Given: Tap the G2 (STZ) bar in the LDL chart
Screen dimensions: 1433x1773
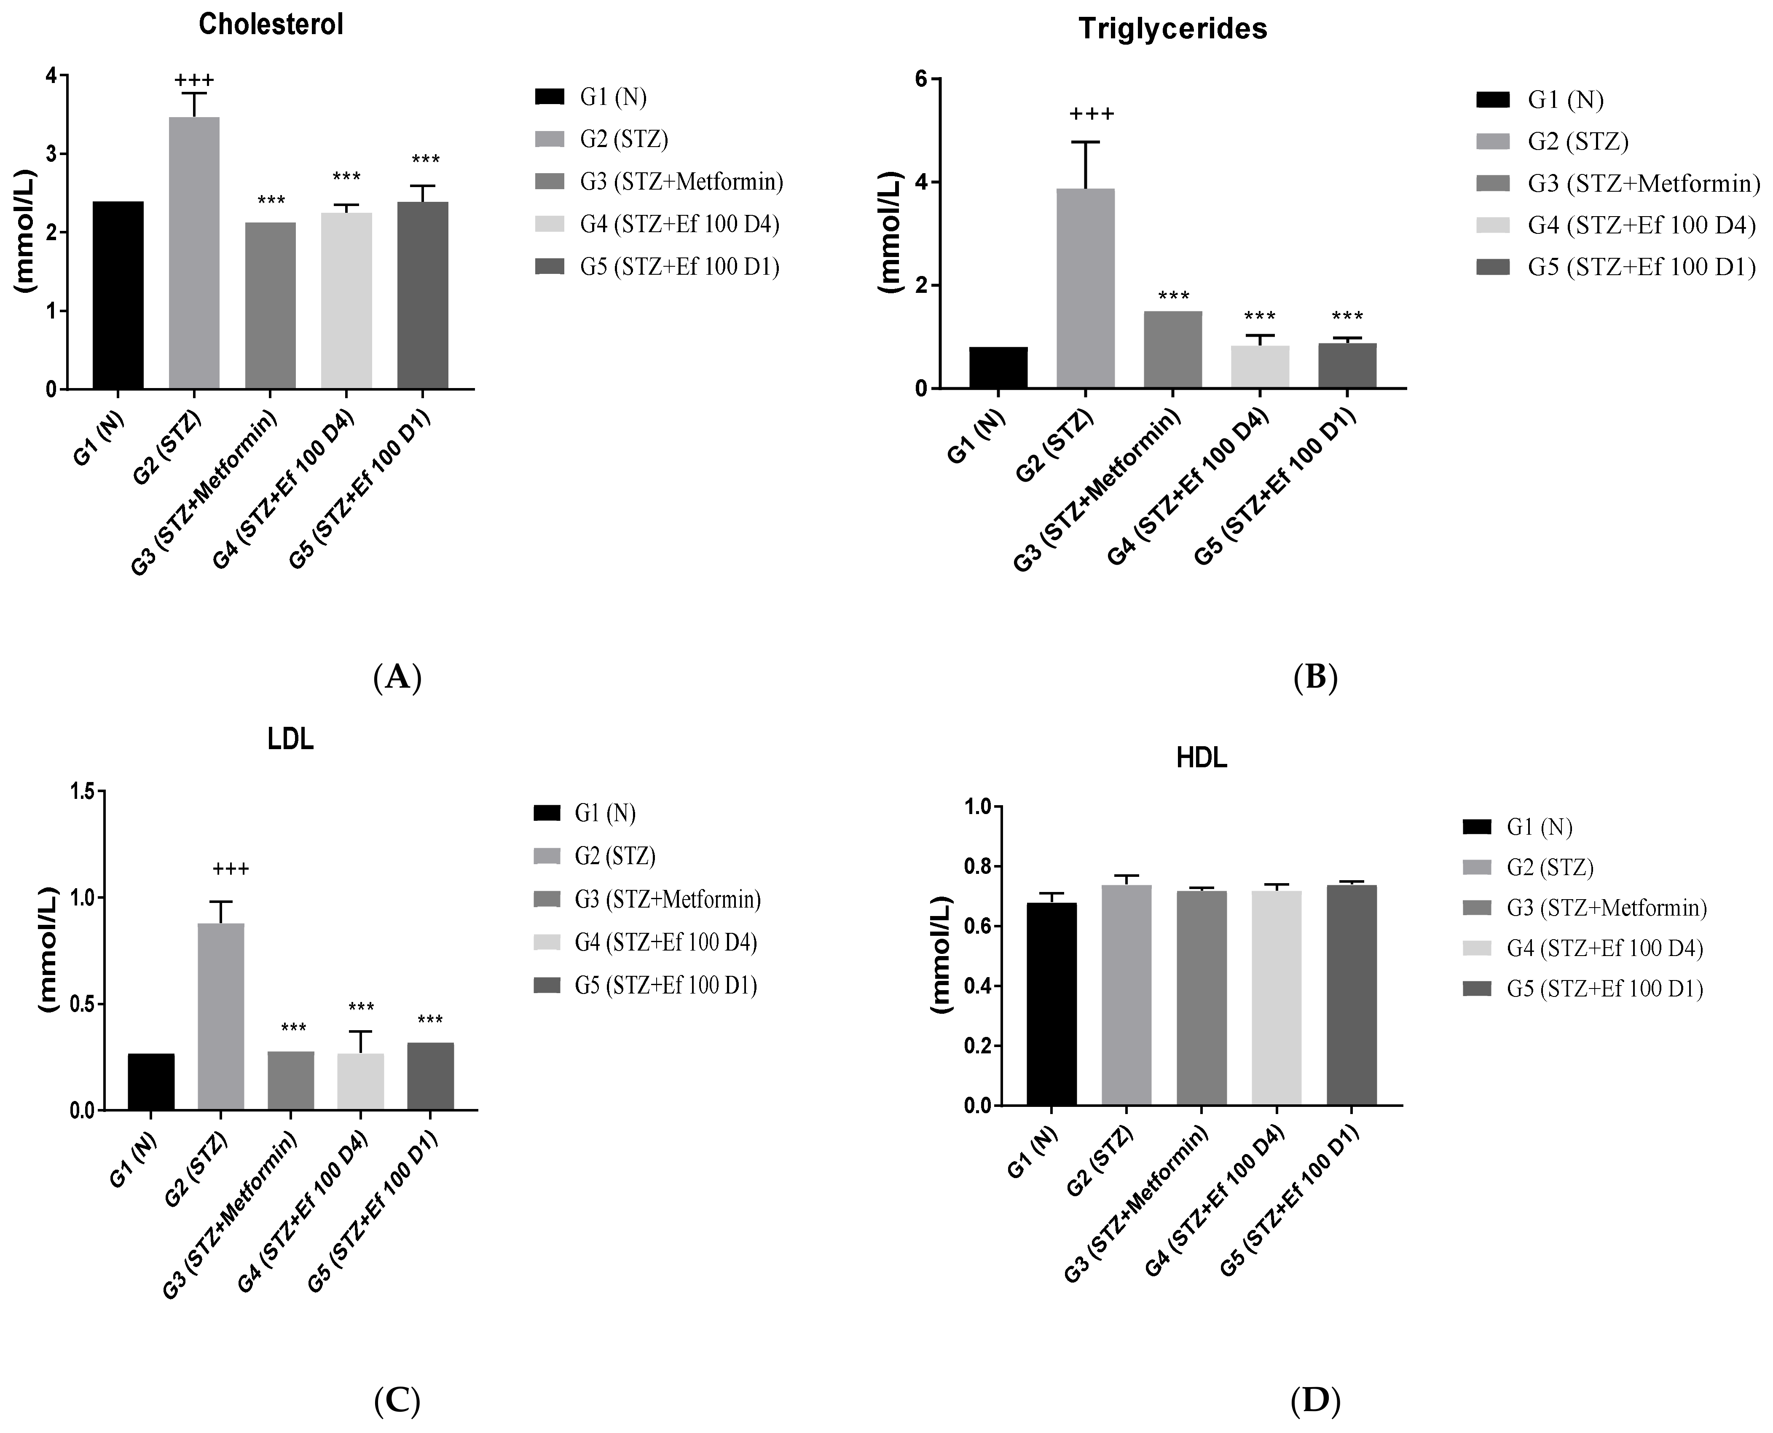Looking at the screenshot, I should pyautogui.click(x=220, y=1015).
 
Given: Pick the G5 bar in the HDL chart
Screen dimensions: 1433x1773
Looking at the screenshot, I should pyautogui.click(x=1351, y=995).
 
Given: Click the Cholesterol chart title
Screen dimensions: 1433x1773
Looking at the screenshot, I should pyautogui.click(x=271, y=25).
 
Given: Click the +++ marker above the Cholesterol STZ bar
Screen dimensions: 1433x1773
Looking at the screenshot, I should pyautogui.click(x=194, y=80).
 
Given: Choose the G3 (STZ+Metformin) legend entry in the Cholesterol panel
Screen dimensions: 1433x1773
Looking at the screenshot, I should pyautogui.click(x=681, y=182).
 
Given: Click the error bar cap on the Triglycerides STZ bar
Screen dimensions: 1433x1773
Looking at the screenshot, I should pyautogui.click(x=1086, y=142).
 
